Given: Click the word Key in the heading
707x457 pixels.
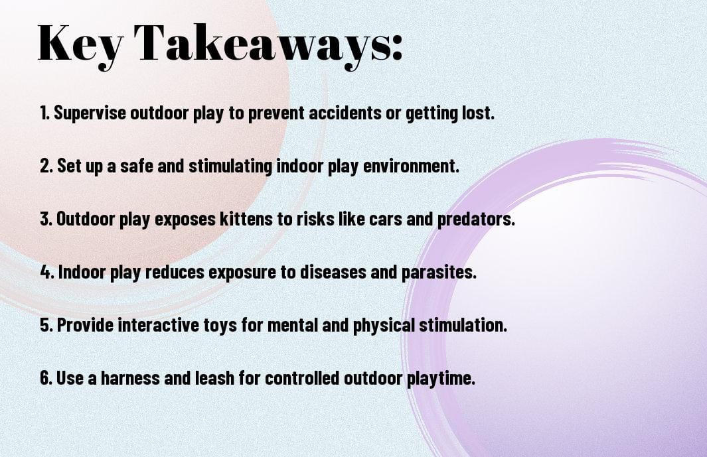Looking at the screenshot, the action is (80, 44).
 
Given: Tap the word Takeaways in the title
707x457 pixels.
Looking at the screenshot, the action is (262, 44).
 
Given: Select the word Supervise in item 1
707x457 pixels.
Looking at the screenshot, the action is (90, 113).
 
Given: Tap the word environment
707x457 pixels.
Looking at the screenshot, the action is (411, 166).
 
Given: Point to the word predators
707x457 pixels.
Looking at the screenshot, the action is (476, 220).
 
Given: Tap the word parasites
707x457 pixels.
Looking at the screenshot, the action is (439, 272).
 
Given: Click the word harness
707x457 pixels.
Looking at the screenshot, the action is (130, 377).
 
